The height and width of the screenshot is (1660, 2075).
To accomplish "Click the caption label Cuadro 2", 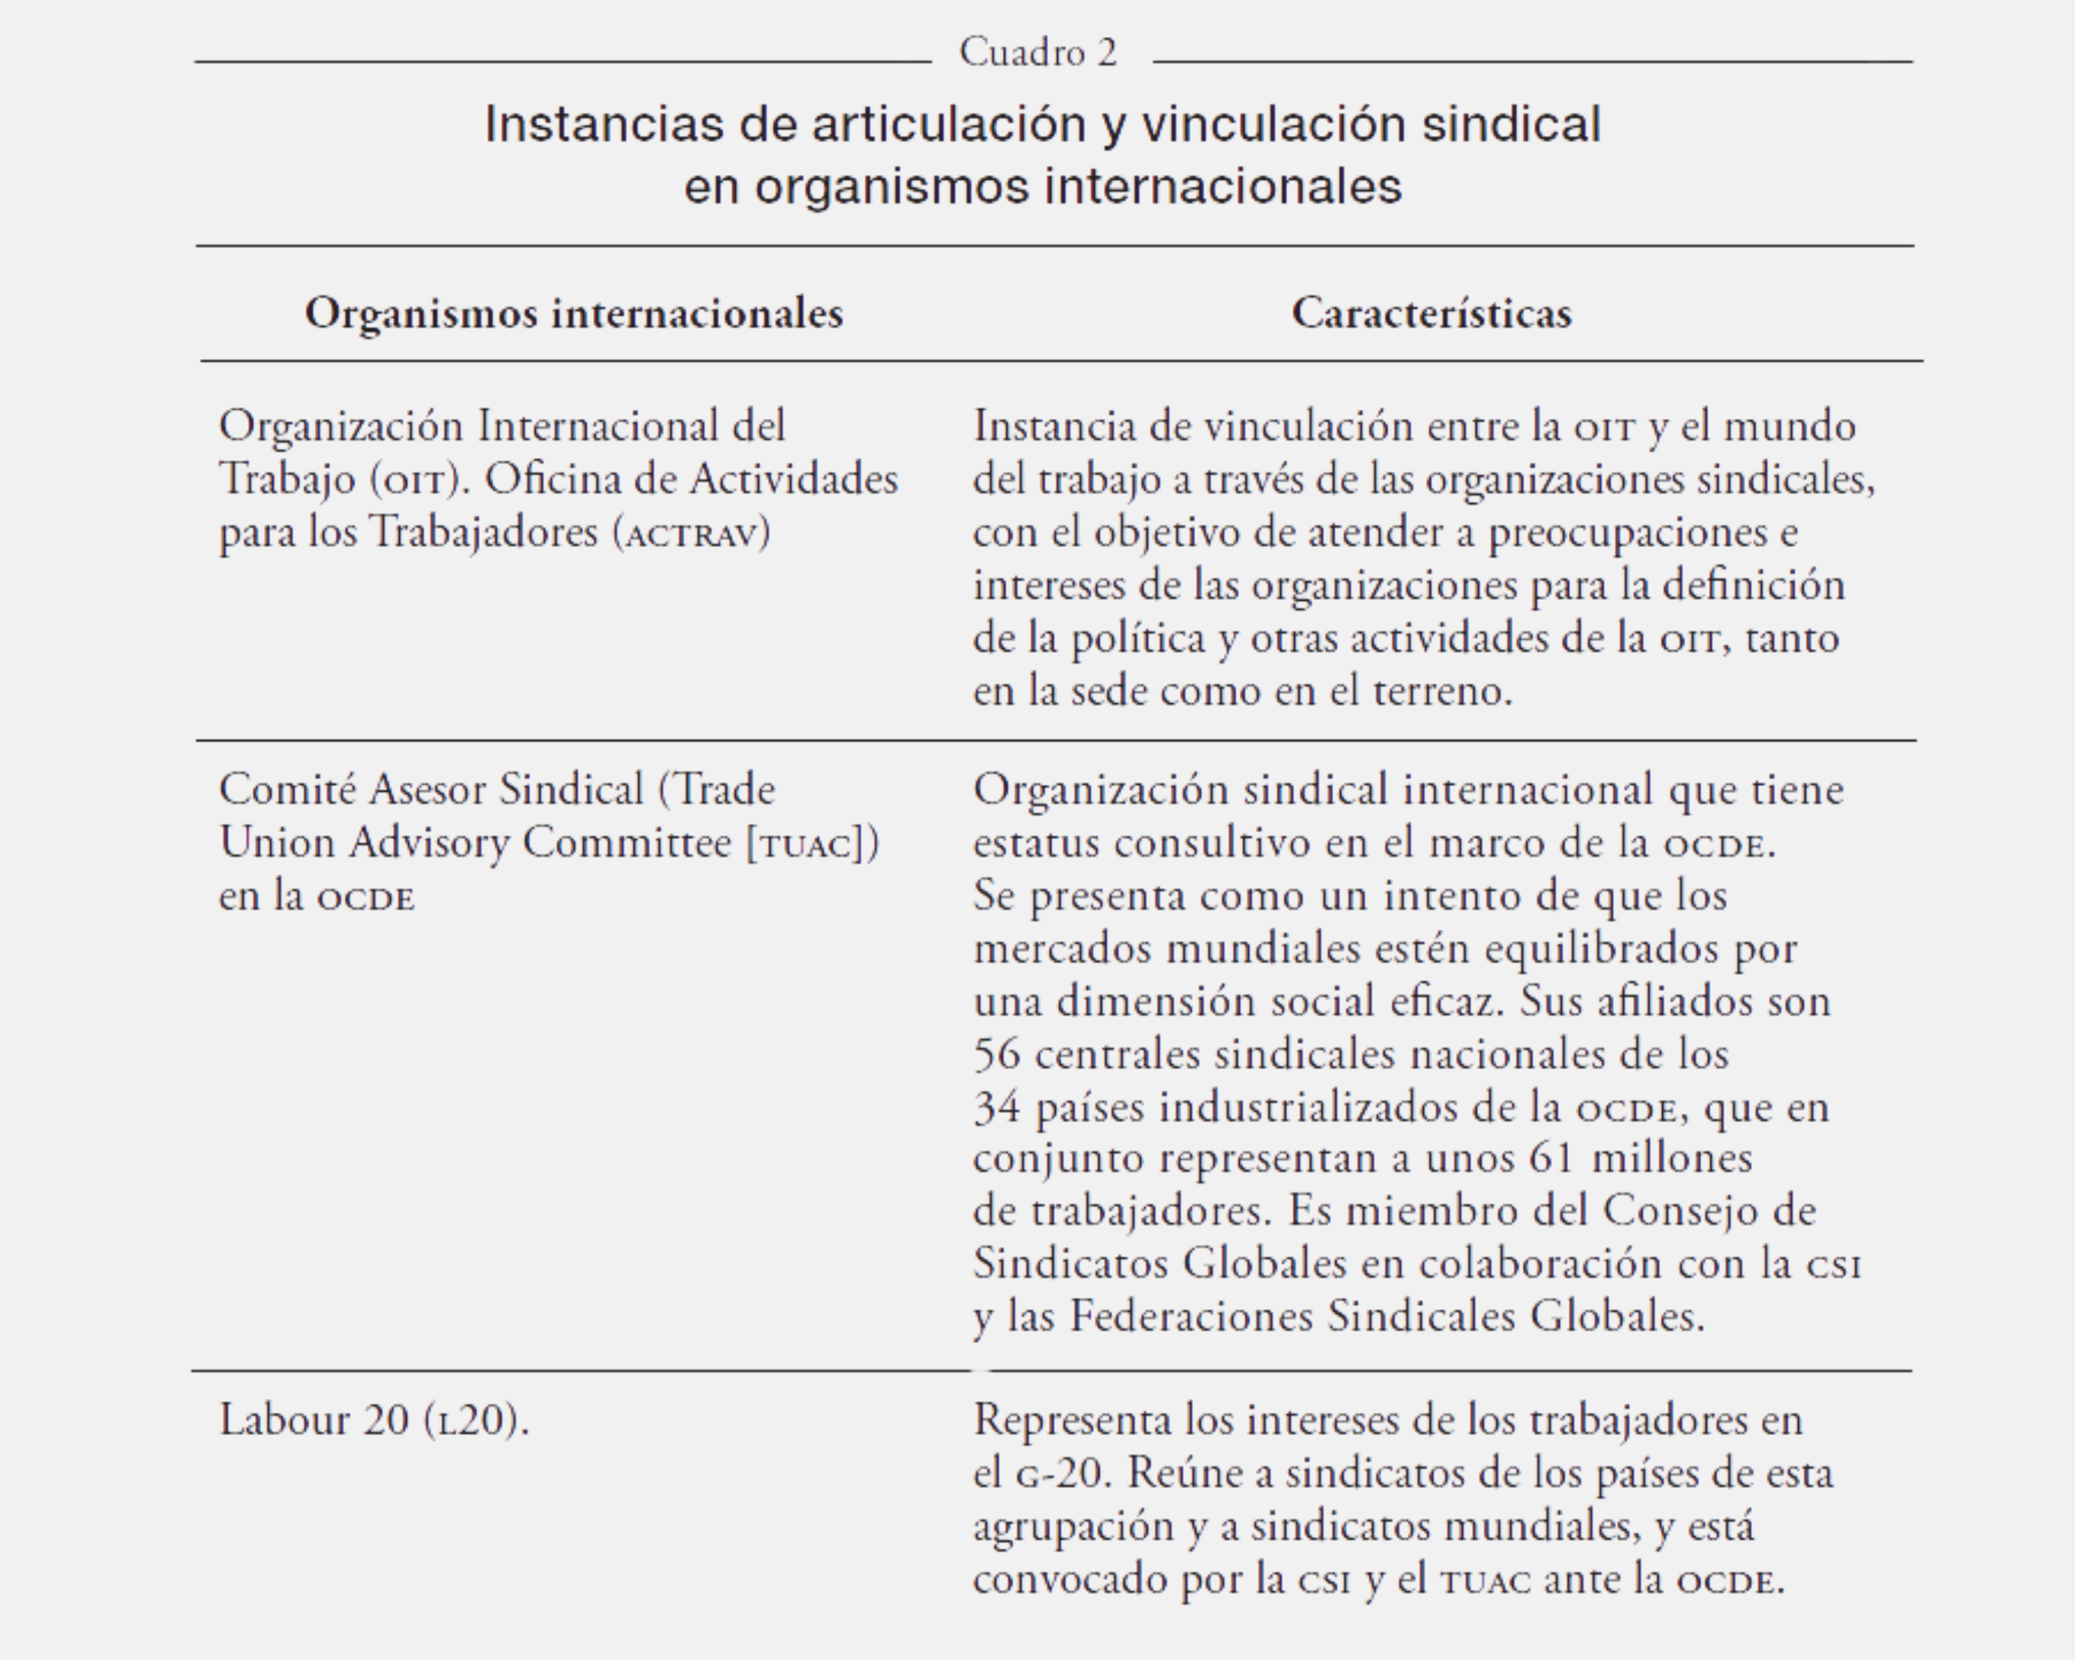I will point(1037,52).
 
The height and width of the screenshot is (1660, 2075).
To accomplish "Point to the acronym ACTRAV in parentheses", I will point(692,533).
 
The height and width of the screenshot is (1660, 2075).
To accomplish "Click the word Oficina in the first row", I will point(549,479).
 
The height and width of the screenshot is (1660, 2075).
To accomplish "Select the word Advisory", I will point(429,843).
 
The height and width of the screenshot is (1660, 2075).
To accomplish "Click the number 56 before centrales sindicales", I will point(996,1055).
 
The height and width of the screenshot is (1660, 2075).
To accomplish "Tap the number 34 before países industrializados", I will point(996,1108).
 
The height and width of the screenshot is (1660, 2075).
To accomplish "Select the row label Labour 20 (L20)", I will point(373,1420).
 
